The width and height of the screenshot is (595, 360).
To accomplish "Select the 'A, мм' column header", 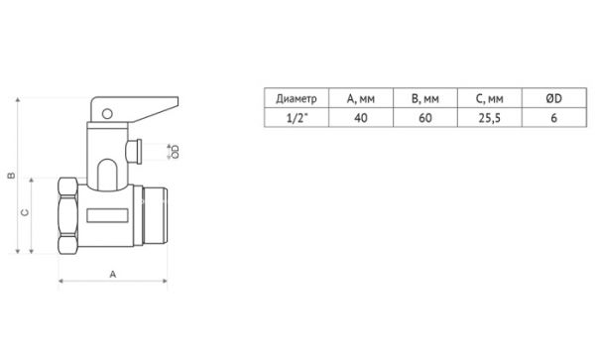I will coord(358,97).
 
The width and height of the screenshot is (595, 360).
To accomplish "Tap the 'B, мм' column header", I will coord(423,97).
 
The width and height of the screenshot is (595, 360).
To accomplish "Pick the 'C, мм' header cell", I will coord(488,97).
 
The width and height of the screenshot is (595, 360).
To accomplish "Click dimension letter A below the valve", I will coord(111,274).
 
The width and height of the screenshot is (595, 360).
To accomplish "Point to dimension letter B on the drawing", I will coord(10,176).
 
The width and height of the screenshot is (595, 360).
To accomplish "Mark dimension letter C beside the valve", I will coord(23,212).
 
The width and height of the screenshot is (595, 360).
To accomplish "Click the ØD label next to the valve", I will coord(175,151).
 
